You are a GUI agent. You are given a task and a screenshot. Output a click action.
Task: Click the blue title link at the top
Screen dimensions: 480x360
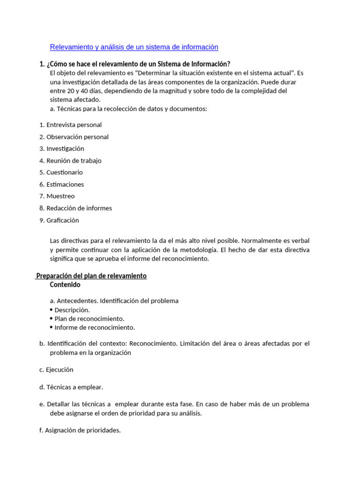click(x=134, y=47)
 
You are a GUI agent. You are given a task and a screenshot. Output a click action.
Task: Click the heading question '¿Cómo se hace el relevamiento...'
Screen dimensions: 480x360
click(x=135, y=64)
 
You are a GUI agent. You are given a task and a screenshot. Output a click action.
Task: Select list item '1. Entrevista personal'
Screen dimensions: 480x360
click(x=70, y=125)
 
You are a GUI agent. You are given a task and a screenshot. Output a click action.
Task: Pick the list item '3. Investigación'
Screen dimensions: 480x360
click(x=62, y=149)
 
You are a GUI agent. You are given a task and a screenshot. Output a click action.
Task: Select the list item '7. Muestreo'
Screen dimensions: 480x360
click(x=57, y=196)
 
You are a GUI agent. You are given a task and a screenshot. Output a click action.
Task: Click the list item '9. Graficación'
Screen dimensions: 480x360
click(x=59, y=220)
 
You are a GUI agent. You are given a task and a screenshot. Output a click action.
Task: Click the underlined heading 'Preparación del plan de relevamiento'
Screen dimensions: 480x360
click(x=91, y=276)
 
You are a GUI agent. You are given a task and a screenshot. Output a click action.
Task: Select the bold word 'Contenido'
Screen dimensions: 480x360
click(x=65, y=285)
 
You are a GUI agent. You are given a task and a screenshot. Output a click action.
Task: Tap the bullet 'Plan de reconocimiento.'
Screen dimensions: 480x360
click(x=89, y=319)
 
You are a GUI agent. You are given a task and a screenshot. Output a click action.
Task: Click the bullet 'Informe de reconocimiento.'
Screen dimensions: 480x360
click(x=94, y=327)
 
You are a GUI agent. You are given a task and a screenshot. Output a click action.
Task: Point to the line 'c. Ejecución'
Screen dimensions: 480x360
click(x=56, y=369)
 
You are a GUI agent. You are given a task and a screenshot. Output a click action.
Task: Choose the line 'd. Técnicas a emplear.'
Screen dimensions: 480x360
click(x=71, y=387)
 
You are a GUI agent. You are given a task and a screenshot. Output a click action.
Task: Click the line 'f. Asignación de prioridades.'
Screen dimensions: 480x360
click(x=80, y=430)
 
